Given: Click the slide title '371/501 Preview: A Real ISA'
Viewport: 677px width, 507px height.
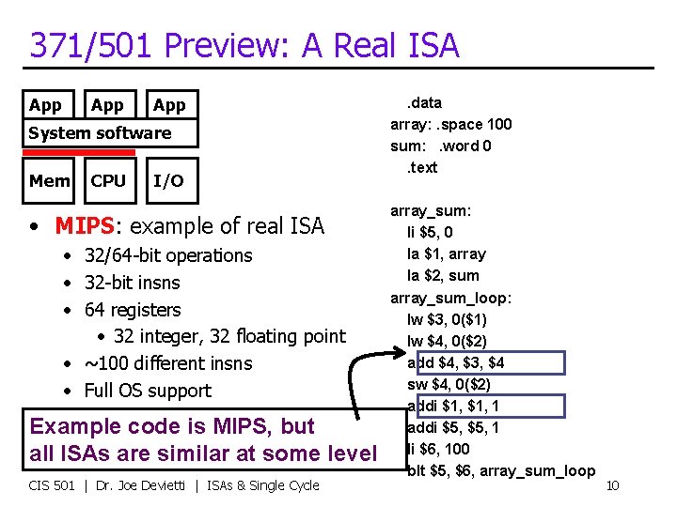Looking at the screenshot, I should [244, 44].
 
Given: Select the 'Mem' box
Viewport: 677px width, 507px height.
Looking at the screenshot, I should [49, 181].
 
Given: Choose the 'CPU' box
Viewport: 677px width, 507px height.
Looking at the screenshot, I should [108, 181].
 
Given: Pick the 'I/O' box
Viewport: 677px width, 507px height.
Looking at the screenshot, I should [168, 181].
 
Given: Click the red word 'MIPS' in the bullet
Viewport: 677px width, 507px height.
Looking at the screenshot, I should [85, 226].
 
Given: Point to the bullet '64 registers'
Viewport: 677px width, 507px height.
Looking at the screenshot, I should [133, 310].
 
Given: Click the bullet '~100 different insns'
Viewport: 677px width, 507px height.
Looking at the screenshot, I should [168, 363].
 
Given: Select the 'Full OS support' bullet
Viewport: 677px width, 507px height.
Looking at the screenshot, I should [148, 391].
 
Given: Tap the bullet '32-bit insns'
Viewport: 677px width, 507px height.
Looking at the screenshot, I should [132, 283].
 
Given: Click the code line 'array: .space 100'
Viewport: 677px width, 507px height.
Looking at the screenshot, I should [451, 124].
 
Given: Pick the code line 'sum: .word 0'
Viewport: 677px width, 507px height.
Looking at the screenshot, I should [441, 146].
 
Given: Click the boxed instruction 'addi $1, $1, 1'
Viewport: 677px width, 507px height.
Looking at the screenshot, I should [453, 406].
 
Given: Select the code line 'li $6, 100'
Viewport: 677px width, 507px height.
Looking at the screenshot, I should [438, 449].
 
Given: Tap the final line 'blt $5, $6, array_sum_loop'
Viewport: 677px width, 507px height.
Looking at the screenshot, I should [501, 470].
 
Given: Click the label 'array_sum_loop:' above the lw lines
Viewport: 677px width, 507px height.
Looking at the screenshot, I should [451, 298].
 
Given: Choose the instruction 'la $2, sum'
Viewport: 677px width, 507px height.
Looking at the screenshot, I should [443, 275].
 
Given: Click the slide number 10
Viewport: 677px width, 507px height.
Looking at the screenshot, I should [611, 485].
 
